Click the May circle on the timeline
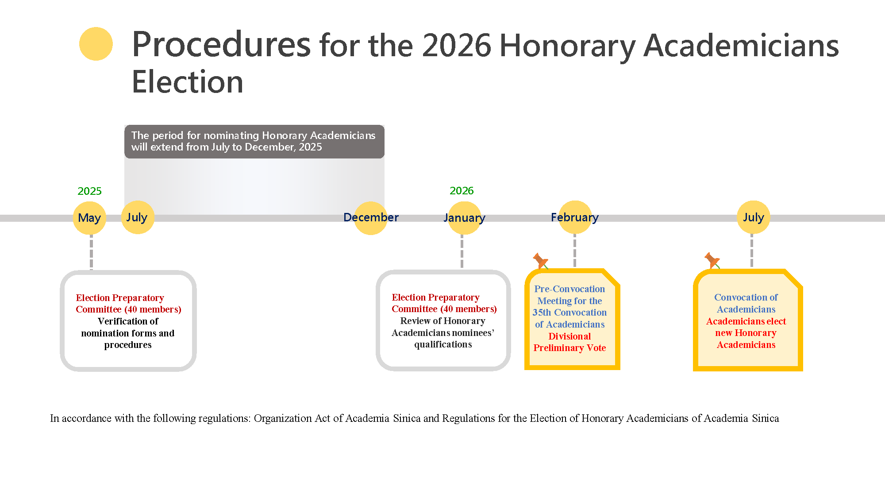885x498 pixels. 89,218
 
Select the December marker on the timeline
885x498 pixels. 371,218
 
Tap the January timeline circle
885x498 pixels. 464,218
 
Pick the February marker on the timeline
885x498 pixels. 575,217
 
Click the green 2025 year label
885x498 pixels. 89,191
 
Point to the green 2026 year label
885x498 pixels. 462,191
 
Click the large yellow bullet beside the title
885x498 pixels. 96,44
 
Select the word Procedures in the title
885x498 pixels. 221,45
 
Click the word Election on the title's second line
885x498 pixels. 188,82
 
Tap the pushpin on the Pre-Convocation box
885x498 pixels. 540,261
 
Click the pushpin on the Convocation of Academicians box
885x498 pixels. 712,260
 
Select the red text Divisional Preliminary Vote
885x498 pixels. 569,342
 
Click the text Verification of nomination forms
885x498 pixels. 128,327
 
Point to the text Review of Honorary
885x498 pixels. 442,321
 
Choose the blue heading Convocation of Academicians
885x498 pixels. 746,303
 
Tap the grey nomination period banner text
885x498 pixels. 253,141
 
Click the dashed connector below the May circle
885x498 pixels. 91,252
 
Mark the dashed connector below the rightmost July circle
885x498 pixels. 751,251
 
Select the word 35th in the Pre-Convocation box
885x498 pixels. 542,313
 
